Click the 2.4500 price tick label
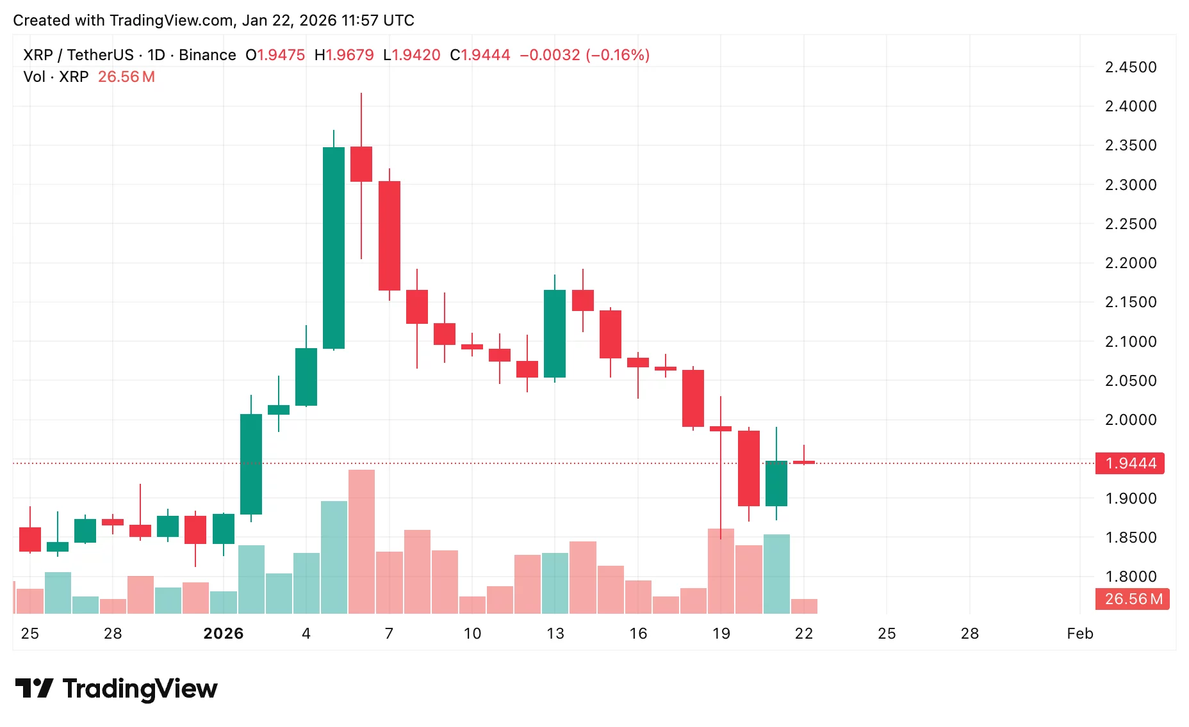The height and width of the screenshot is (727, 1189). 1131,67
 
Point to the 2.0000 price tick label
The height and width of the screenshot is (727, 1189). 1131,420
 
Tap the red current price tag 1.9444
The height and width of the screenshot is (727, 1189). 1130,463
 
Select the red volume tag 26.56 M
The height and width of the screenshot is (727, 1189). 1133,599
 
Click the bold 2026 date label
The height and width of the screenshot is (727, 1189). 223,634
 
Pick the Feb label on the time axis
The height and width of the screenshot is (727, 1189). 1079,634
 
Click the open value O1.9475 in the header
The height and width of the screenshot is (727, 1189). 275,55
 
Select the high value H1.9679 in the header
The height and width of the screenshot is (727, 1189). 344,55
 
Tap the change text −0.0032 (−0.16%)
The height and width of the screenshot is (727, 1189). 584,55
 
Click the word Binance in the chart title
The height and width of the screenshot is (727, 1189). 207,55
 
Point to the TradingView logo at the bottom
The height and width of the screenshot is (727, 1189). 117,689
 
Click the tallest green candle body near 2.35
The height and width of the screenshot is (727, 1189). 334,248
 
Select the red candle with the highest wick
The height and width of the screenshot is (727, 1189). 361,164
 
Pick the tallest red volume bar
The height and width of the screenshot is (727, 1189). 361,541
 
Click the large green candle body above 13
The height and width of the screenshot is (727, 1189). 555,333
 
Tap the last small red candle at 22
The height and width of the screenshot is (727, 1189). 804,462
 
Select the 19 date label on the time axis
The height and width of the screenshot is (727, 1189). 721,634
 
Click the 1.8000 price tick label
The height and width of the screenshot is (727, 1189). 1131,577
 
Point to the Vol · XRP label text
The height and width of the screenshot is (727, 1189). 56,77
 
